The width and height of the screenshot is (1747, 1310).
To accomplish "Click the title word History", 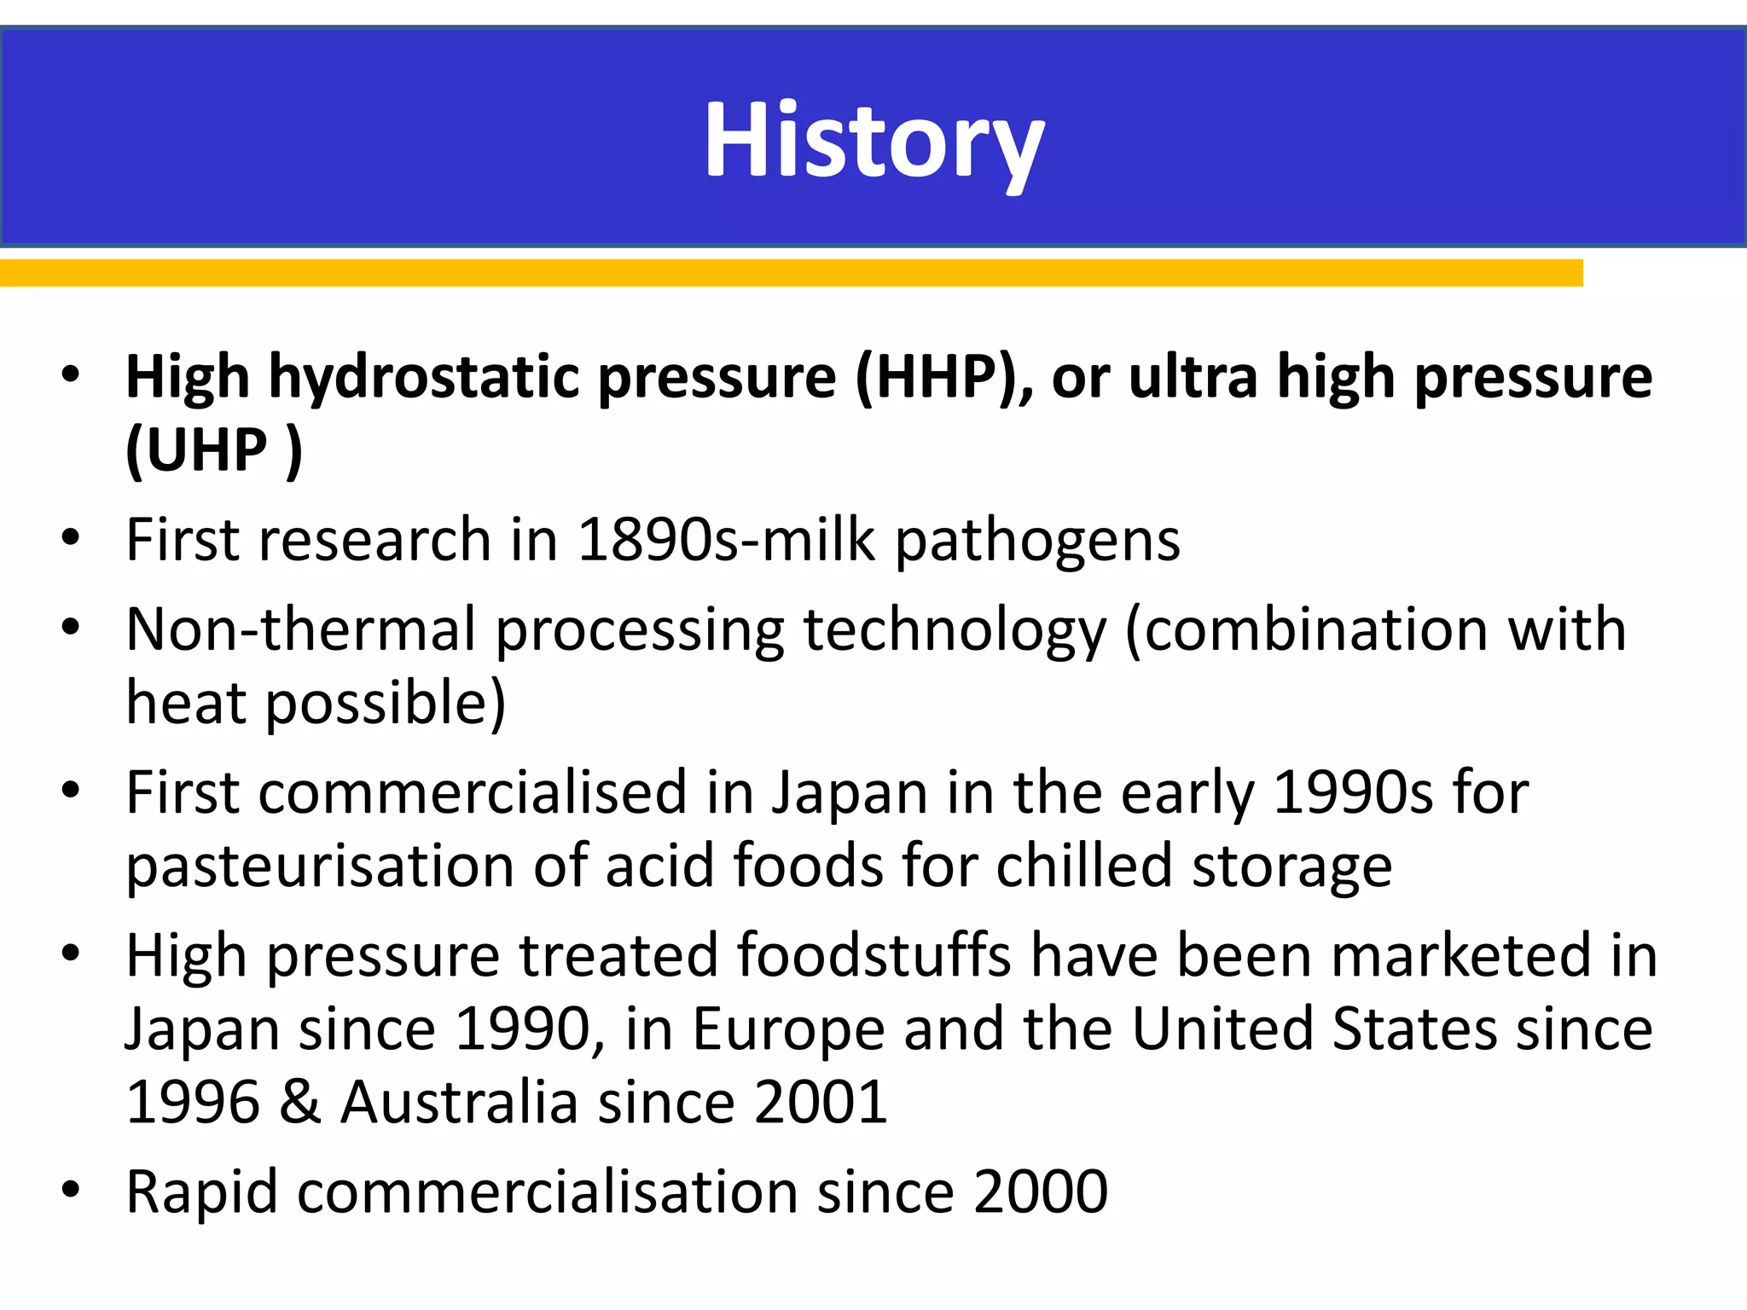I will tap(873, 141).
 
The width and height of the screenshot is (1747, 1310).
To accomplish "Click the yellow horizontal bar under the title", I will tap(791, 273).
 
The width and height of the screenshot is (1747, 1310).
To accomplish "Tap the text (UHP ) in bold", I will tap(214, 450).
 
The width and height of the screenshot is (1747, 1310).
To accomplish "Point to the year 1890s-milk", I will tap(726, 539).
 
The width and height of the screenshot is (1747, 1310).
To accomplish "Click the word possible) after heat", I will tap(386, 704).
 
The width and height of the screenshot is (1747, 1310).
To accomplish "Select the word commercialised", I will tap(473, 792).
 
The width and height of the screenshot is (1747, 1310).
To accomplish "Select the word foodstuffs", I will tap(873, 954).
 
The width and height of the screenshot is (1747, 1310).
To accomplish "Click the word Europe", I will tap(788, 1029).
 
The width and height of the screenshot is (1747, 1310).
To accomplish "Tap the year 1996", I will tap(193, 1102).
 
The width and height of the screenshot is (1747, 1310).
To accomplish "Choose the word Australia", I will tap(460, 1102).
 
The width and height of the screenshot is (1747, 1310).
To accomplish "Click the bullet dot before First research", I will tap(71, 538).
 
